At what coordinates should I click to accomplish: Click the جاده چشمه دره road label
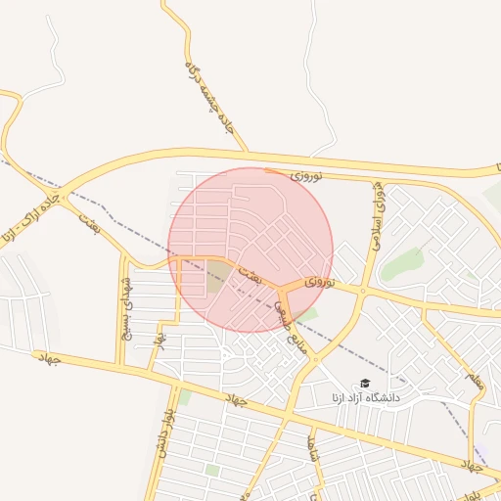click(210, 97)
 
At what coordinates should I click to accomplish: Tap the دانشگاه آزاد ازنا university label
click(366, 398)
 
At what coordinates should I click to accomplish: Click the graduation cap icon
click(366, 384)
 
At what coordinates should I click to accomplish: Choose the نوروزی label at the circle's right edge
click(319, 282)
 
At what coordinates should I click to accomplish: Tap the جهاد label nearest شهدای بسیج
click(48, 359)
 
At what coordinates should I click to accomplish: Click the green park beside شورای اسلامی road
click(401, 262)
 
